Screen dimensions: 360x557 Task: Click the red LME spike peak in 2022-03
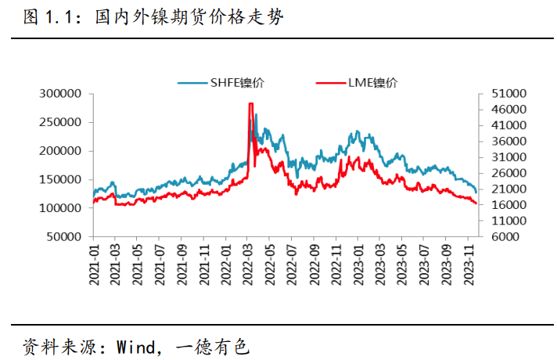click(250, 103)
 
